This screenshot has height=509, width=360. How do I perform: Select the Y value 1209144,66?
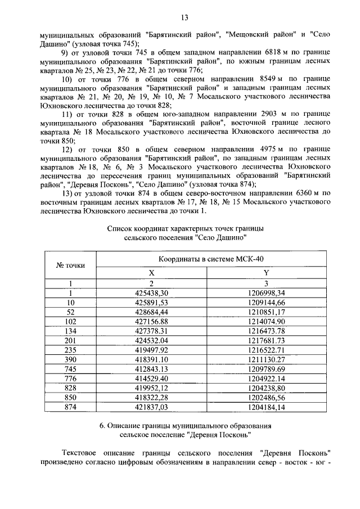pos(267,302)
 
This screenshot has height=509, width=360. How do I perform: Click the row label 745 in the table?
pos(71,368)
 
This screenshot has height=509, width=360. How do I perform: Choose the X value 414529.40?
pos(152,378)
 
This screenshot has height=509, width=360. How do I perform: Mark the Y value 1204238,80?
pos(267,388)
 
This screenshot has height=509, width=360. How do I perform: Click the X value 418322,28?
pos(152,397)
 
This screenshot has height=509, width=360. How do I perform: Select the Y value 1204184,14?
pos(267,407)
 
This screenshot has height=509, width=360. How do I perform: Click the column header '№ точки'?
pos(71,265)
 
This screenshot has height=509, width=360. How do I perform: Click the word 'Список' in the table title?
pos(119,229)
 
